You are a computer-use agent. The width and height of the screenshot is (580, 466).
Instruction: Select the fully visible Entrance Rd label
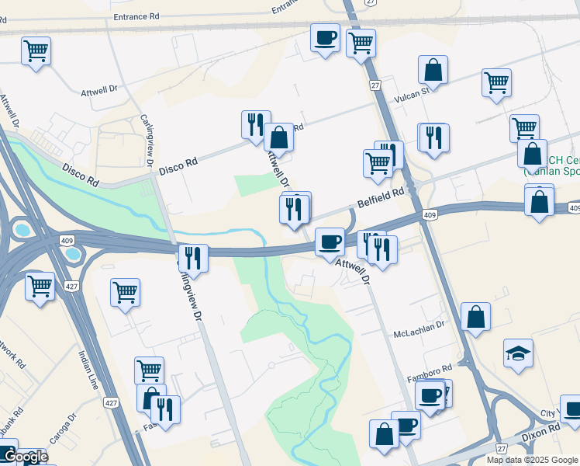point(136,16)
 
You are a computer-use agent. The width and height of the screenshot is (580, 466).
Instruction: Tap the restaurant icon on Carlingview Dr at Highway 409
point(192,258)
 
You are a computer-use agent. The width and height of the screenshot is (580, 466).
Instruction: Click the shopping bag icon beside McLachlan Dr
point(475,317)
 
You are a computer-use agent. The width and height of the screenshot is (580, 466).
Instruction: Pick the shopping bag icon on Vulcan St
point(433,71)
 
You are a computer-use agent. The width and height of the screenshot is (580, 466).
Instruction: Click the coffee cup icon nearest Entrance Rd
point(325,37)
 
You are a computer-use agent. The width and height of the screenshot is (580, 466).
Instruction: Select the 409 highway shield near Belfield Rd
point(429,214)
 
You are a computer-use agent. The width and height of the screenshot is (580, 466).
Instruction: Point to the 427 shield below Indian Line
point(111,402)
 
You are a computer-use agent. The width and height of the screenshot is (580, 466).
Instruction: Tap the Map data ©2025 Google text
point(532,460)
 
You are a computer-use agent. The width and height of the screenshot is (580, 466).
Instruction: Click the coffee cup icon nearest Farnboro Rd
point(430,396)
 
